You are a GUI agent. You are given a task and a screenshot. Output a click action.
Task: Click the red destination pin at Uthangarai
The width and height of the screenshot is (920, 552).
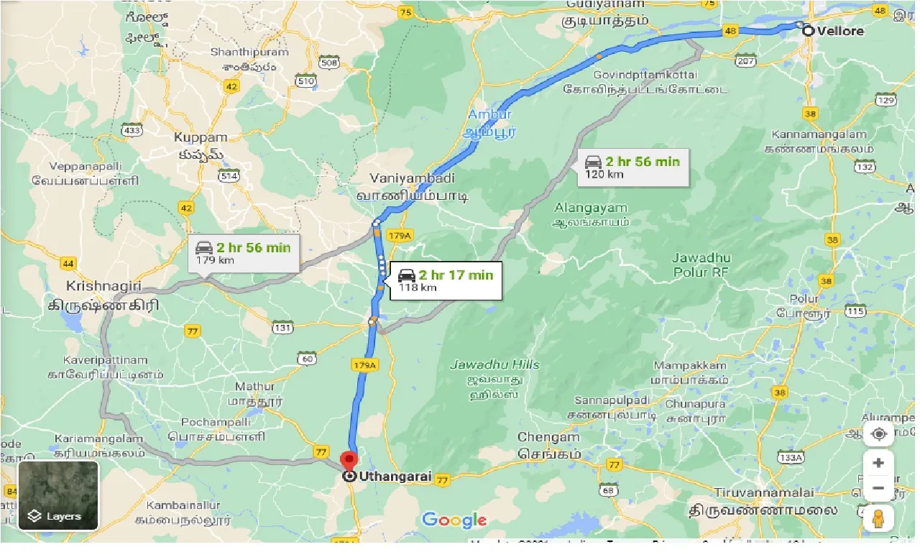pos(349,461)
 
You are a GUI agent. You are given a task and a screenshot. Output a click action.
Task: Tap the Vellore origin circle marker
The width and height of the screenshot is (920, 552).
pos(808,30)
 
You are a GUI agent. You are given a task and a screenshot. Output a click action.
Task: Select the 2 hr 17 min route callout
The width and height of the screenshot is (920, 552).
pos(445,280)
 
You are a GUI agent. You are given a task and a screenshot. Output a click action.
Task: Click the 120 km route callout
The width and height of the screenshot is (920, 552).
pos(632,167)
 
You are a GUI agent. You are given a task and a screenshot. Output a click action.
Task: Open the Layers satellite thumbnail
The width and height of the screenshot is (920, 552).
pos(58,495)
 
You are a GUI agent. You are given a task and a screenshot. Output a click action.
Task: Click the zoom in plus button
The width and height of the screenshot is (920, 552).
pos(878,463)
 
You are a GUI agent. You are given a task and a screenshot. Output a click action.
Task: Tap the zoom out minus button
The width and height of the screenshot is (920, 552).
pos(878,489)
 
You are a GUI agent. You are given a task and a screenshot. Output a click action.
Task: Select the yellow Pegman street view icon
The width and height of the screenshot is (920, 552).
pos(878,517)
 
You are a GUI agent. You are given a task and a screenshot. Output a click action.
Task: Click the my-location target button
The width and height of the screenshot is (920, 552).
pos(878,435)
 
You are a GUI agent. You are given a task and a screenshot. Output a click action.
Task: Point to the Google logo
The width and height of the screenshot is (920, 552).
pos(454,520)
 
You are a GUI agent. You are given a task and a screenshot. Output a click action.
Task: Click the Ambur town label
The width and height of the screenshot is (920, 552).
pos(489,115)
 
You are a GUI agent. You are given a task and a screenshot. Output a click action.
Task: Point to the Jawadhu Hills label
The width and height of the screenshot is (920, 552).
pos(494,364)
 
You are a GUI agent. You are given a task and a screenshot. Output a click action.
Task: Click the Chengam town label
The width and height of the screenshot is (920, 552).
pos(548,437)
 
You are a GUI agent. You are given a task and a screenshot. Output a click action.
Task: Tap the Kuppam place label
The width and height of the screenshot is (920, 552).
pos(201,137)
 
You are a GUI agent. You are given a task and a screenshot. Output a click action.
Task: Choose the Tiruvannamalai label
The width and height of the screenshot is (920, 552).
pos(764,492)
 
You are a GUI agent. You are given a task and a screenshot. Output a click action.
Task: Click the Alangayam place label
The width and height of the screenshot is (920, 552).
pos(592,208)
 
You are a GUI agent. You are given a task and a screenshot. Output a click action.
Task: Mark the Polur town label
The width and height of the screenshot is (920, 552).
pos(804,299)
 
